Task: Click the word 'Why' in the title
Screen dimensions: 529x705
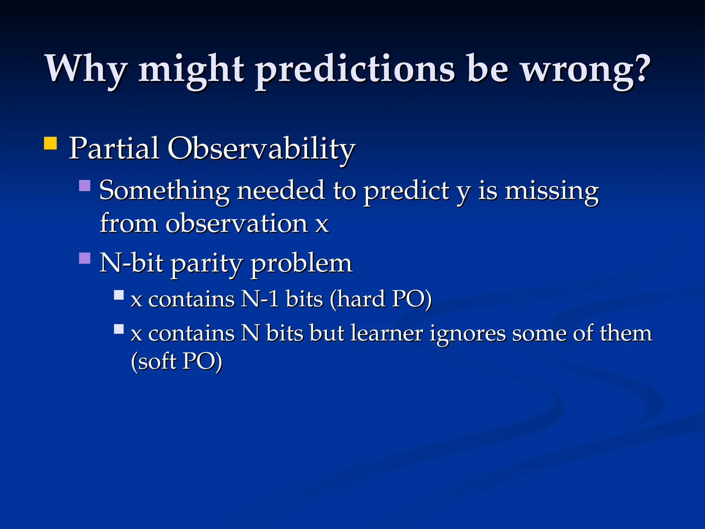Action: [x=86, y=69]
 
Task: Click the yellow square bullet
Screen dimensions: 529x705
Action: [x=50, y=143]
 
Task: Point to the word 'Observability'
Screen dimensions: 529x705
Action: [x=261, y=149]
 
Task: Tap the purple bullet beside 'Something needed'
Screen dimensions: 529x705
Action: [x=85, y=186]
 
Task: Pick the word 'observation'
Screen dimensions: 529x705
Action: [x=237, y=224]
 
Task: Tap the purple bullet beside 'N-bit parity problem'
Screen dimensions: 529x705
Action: [x=85, y=258]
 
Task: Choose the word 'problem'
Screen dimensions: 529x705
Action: [x=302, y=263]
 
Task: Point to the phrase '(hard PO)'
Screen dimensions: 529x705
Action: [x=380, y=299]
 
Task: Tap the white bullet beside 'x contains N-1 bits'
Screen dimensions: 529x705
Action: [x=119, y=295]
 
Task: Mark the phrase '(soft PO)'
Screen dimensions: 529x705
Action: [x=177, y=361]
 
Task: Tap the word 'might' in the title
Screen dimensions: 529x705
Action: [x=191, y=69]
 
